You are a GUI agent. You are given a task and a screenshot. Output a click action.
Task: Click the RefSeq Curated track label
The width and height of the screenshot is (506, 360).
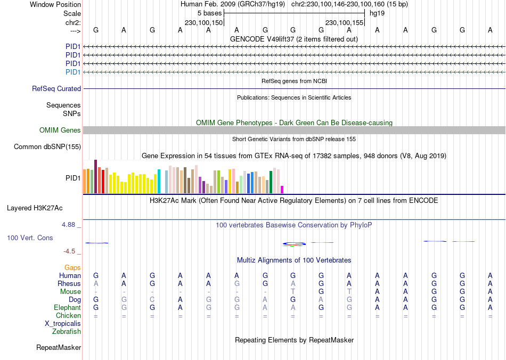coord(56,89)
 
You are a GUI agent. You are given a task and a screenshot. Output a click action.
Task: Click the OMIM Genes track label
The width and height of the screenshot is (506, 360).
coord(60,130)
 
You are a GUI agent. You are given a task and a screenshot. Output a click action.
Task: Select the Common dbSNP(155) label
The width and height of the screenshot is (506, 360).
coord(47,147)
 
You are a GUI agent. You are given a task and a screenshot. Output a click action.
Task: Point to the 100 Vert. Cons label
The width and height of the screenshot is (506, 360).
coord(30,238)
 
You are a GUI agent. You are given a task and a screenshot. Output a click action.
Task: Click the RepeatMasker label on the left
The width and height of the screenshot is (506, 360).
coord(59,348)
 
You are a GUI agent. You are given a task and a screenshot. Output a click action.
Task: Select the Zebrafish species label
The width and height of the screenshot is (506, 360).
coord(67,332)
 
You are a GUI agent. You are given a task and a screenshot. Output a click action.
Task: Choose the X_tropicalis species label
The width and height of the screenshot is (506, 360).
coord(63,324)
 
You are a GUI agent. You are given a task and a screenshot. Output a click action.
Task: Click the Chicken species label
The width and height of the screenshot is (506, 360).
coord(68,316)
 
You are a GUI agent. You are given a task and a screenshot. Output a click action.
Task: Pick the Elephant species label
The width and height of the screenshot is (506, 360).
coord(67,308)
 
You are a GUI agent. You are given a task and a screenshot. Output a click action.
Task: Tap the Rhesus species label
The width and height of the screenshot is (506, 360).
coord(69,284)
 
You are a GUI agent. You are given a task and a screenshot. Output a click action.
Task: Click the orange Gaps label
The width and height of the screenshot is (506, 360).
coord(72,268)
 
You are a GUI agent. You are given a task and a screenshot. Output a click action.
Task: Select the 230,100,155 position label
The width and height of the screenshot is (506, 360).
coord(344,23)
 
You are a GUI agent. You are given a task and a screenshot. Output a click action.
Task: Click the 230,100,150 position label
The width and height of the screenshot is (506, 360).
coord(203,23)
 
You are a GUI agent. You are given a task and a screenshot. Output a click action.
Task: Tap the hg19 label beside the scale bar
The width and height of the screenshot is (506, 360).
coord(377,13)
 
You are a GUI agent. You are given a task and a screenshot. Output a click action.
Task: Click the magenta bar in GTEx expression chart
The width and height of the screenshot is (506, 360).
coord(282,190)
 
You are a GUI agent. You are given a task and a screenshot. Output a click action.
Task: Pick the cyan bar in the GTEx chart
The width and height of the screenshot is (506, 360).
coord(159,182)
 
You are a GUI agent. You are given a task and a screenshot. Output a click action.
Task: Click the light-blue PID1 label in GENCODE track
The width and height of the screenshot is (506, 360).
coord(73,72)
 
